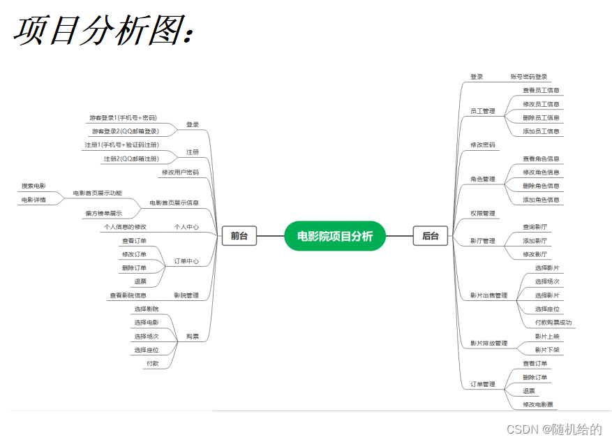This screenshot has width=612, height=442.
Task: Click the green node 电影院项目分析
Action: tap(335, 236)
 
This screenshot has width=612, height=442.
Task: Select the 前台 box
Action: tap(239, 236)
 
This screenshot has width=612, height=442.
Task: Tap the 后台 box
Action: tap(431, 236)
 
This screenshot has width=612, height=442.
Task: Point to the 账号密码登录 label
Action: tap(528, 77)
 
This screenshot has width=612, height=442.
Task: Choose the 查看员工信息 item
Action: tap(541, 90)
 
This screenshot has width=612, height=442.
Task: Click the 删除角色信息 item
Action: tap(541, 186)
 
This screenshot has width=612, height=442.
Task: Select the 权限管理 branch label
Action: tap(482, 213)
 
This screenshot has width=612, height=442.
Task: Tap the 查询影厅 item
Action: tap(535, 227)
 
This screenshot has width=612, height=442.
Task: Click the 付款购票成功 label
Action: tap(553, 323)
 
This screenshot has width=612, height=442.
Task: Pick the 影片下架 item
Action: tap(546, 350)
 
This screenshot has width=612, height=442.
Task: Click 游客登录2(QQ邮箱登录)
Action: tap(125, 131)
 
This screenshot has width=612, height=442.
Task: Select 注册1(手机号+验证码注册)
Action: tap(121, 145)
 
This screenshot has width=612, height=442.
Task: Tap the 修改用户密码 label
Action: tap(180, 172)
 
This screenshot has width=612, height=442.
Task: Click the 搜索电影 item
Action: tap(33, 186)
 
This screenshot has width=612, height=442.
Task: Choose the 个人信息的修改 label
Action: tap(124, 227)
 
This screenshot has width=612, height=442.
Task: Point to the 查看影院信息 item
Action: tap(128, 295)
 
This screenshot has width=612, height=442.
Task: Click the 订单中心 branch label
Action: tap(186, 261)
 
